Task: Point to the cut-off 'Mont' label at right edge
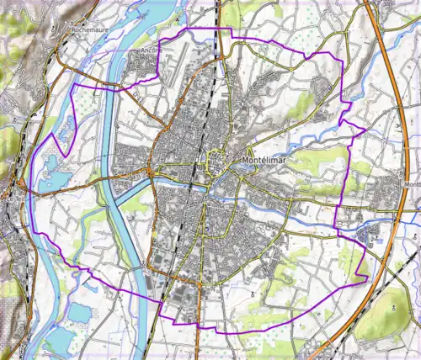[x=412, y=185]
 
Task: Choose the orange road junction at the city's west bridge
[x=150, y=173]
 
